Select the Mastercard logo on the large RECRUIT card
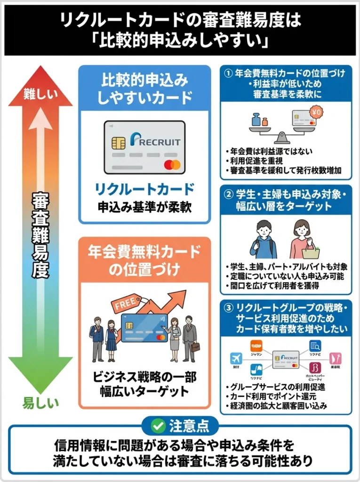tap(172, 165)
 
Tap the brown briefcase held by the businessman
tap(195, 347)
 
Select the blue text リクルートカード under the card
tap(144, 189)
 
